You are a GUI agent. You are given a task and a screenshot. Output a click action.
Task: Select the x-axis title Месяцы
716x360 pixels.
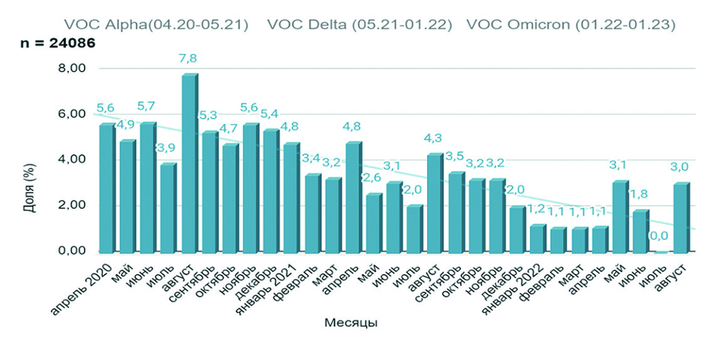(x=351, y=323)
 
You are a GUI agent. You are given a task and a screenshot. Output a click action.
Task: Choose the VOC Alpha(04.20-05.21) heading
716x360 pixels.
(x=157, y=25)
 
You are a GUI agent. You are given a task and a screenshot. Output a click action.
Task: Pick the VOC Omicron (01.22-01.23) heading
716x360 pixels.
(x=571, y=25)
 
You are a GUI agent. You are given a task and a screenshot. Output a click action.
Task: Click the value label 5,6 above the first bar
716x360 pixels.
(x=105, y=107)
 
